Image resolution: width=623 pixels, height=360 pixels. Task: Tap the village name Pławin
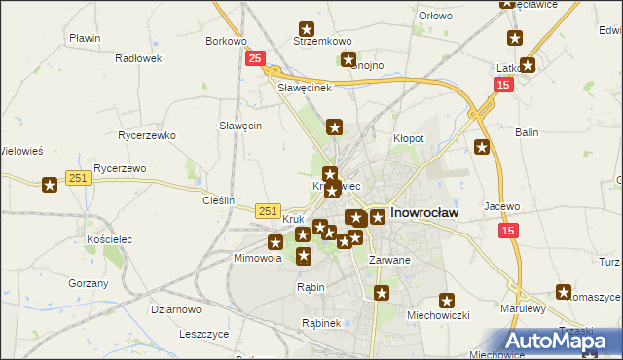[x=86, y=38]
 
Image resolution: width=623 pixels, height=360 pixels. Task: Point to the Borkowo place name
[x=226, y=42]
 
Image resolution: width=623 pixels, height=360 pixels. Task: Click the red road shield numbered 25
[x=254, y=59]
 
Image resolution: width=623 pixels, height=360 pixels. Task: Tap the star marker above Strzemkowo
[x=308, y=30]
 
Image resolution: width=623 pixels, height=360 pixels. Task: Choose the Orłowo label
[x=435, y=16]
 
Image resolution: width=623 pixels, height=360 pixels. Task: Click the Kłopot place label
[x=408, y=138]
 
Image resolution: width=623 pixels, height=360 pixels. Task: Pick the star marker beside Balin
[x=482, y=147]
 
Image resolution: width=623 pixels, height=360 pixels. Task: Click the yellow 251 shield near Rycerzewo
[x=80, y=177]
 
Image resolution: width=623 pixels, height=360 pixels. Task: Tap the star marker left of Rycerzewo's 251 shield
[x=50, y=184]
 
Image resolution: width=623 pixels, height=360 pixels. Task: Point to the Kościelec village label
[x=108, y=238]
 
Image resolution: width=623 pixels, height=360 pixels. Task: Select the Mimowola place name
[x=258, y=259]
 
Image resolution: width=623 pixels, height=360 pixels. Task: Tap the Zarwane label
[x=389, y=260]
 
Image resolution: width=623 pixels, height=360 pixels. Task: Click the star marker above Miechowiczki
[x=447, y=302]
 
